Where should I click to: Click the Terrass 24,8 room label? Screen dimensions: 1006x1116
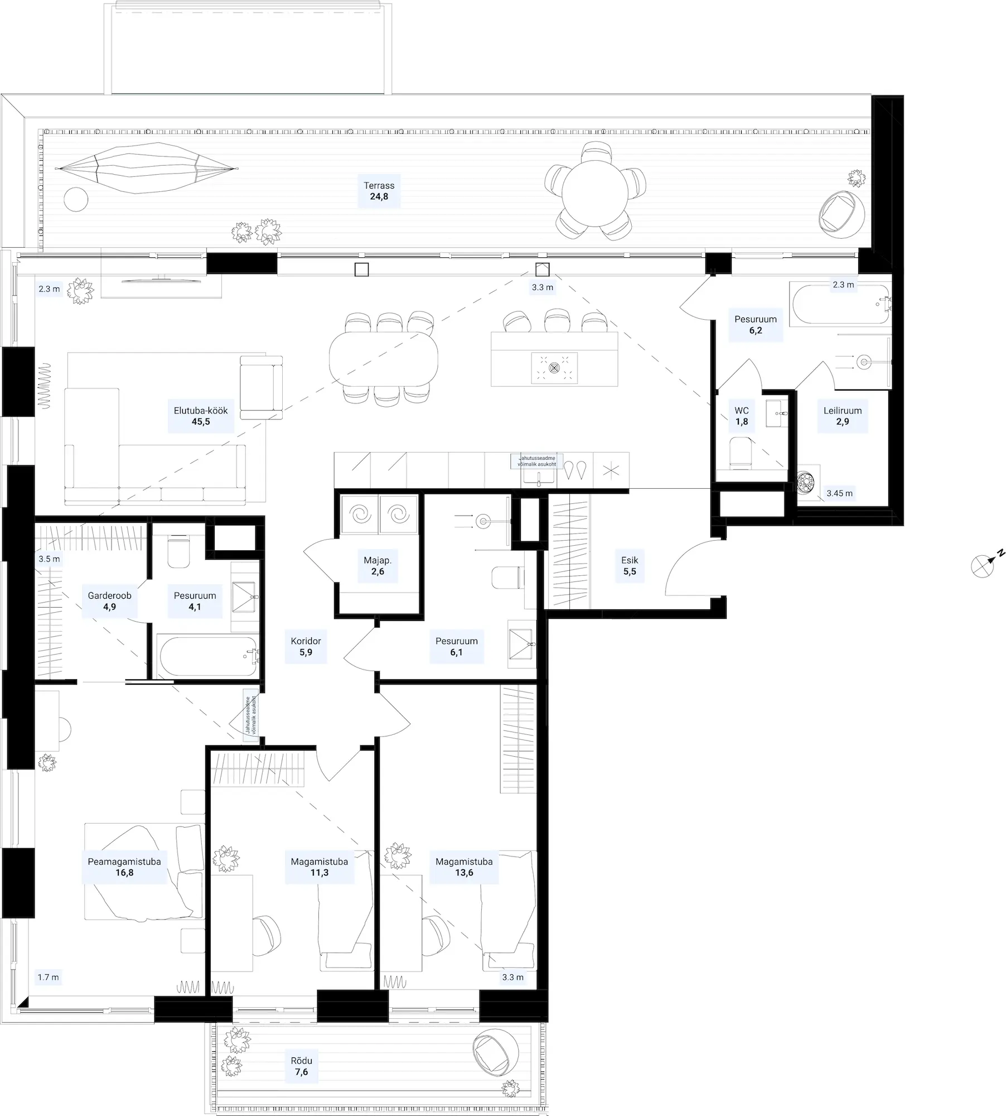pyautogui.click(x=379, y=191)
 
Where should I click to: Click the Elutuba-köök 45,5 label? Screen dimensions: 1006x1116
pyautogui.click(x=201, y=416)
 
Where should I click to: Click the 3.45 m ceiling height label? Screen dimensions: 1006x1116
pyautogui.click(x=839, y=493)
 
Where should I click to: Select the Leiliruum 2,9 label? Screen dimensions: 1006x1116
pyautogui.click(x=843, y=416)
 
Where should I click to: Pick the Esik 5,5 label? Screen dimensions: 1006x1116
pyautogui.click(x=630, y=565)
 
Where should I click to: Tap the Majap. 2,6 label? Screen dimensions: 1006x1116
pyautogui.click(x=378, y=565)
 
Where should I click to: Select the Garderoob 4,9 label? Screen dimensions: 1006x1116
pyautogui.click(x=109, y=601)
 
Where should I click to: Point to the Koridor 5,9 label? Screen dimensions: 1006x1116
pyautogui.click(x=306, y=646)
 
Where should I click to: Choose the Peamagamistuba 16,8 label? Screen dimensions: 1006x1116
pyautogui.click(x=124, y=867)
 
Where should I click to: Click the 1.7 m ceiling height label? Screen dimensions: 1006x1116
pyautogui.click(x=48, y=977)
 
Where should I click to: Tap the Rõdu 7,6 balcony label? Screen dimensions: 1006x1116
pyautogui.click(x=301, y=1066)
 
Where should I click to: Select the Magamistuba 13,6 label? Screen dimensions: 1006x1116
pyautogui.click(x=464, y=867)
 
